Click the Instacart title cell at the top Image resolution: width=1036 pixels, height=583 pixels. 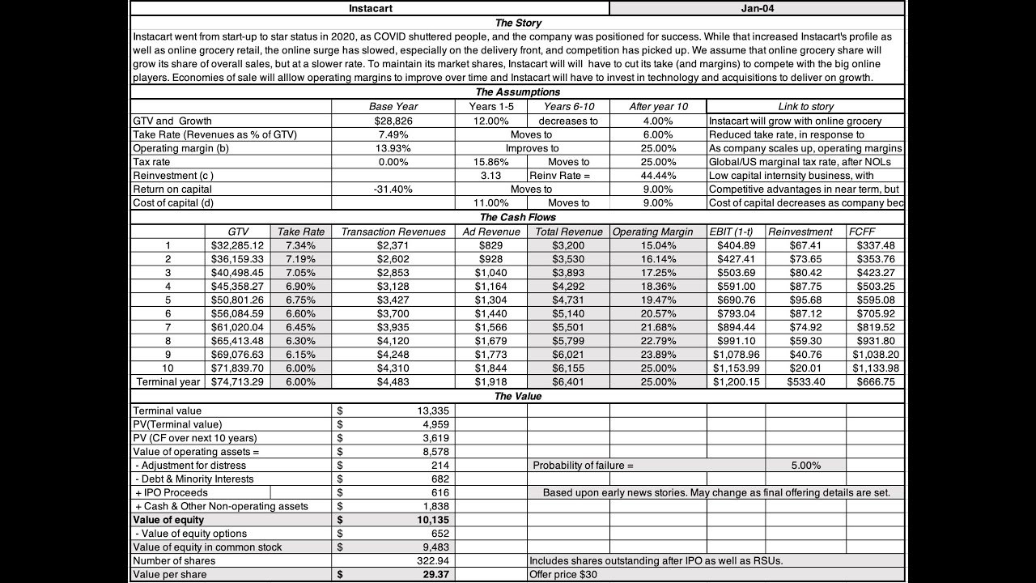[371, 8]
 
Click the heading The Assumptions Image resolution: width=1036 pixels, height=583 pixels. [517, 92]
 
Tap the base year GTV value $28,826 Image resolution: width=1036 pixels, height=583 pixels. [393, 121]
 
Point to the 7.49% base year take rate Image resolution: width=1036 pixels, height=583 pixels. [393, 134]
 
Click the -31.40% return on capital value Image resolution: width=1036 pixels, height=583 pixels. [393, 189]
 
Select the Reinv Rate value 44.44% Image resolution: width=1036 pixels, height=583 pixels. [657, 176]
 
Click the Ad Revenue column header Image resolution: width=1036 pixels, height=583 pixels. [491, 232]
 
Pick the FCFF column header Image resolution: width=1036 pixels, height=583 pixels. [862, 232]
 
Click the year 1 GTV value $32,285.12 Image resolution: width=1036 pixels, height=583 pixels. [237, 245]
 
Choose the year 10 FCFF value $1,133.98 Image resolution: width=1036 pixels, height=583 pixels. [875, 368]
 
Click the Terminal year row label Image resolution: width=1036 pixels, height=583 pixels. [168, 381]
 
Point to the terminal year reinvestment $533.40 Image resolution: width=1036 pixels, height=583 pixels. [805, 381]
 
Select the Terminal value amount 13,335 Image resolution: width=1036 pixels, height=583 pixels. [429, 411]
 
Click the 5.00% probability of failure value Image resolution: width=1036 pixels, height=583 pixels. [805, 466]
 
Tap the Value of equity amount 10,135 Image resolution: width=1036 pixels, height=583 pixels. [433, 520]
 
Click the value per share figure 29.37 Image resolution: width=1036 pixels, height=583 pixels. [434, 574]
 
